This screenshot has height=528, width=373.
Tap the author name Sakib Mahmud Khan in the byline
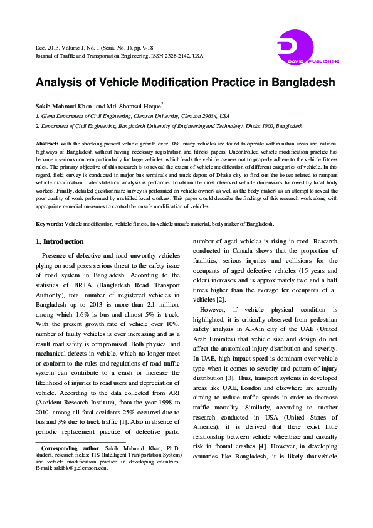click(63, 105)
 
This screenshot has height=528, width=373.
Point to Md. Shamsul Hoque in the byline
click(131, 105)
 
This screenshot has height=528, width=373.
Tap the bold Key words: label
click(50, 224)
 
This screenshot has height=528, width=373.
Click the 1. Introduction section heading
click(60, 241)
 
